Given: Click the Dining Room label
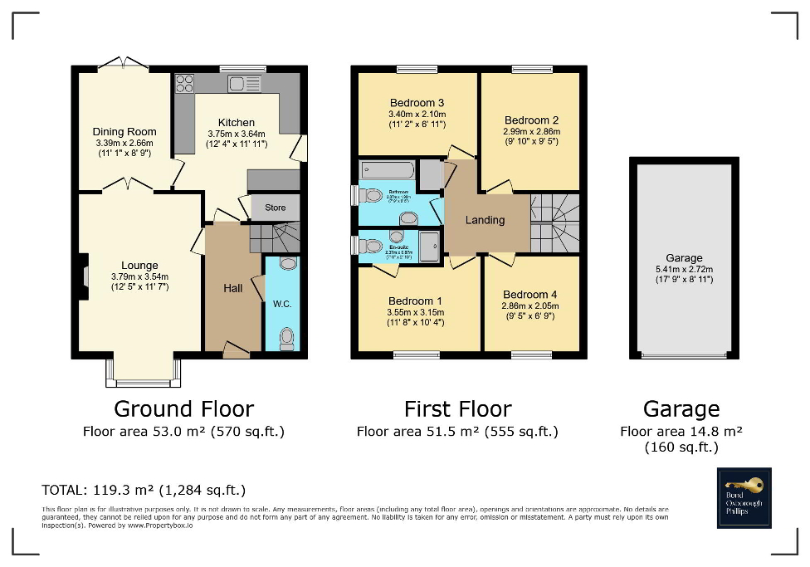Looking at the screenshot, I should point(124,131).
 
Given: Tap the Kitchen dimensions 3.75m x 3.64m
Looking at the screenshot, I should point(236,134).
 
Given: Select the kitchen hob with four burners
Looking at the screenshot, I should point(184,84).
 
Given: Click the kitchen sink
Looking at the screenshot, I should point(245,83).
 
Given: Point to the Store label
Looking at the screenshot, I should point(275,208).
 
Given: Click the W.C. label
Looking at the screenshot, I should point(282,304).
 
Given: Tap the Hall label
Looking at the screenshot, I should point(233,288).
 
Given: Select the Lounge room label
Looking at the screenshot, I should point(139,266).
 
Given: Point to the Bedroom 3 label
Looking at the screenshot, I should point(417,103).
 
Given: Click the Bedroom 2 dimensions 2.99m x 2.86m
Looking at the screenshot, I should point(531,131).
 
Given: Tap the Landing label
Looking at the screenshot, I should point(485,220).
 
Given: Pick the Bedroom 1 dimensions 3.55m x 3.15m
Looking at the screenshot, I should point(416,312).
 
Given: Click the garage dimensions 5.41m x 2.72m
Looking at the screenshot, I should point(684,269).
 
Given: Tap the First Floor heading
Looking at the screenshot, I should point(457,408).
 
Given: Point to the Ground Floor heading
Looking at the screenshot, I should point(183,408).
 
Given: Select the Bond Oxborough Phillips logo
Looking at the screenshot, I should point(744,498).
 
